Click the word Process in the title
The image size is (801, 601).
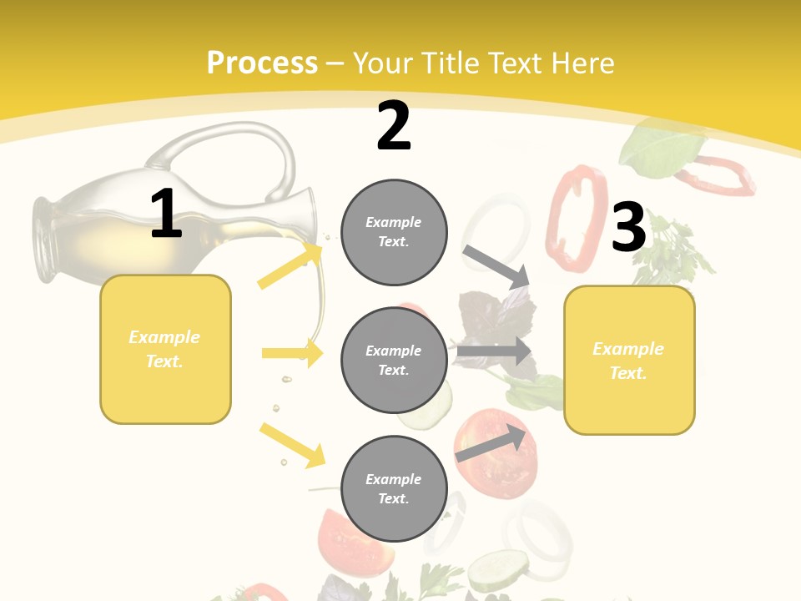[262, 63]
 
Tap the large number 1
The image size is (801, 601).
[166, 214]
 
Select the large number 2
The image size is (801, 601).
[394, 126]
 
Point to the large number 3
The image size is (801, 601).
[628, 228]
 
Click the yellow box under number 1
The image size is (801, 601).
[165, 349]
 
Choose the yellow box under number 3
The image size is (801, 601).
[629, 360]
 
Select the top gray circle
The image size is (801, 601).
[394, 232]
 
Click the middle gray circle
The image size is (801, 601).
[394, 360]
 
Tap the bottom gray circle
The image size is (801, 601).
[394, 488]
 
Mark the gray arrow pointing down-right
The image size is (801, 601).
[497, 266]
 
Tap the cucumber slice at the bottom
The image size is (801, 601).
[497, 571]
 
